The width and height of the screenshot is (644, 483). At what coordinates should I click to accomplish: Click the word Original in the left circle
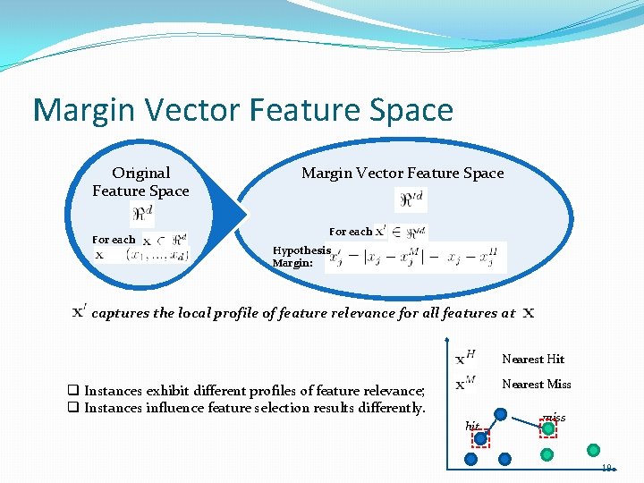pos(140,173)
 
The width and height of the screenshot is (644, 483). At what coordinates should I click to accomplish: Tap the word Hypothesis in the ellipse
pos(301,251)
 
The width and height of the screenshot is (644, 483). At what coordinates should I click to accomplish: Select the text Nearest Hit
pos(533,360)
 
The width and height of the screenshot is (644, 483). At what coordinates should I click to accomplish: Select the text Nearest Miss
pos(537,385)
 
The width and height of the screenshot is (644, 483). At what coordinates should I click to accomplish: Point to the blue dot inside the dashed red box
pos(481,437)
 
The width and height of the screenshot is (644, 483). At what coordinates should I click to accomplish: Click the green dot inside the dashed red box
pos(548,428)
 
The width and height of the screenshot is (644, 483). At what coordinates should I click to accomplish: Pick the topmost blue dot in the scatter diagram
pos(501,414)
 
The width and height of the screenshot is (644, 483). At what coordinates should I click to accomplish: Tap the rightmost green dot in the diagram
pos(592,450)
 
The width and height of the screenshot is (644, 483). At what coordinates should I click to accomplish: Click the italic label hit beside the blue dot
pos(472,426)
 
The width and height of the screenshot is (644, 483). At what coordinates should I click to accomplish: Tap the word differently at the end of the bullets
pos(392,408)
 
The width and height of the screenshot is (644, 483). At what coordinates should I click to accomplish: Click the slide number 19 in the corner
pos(606,468)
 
